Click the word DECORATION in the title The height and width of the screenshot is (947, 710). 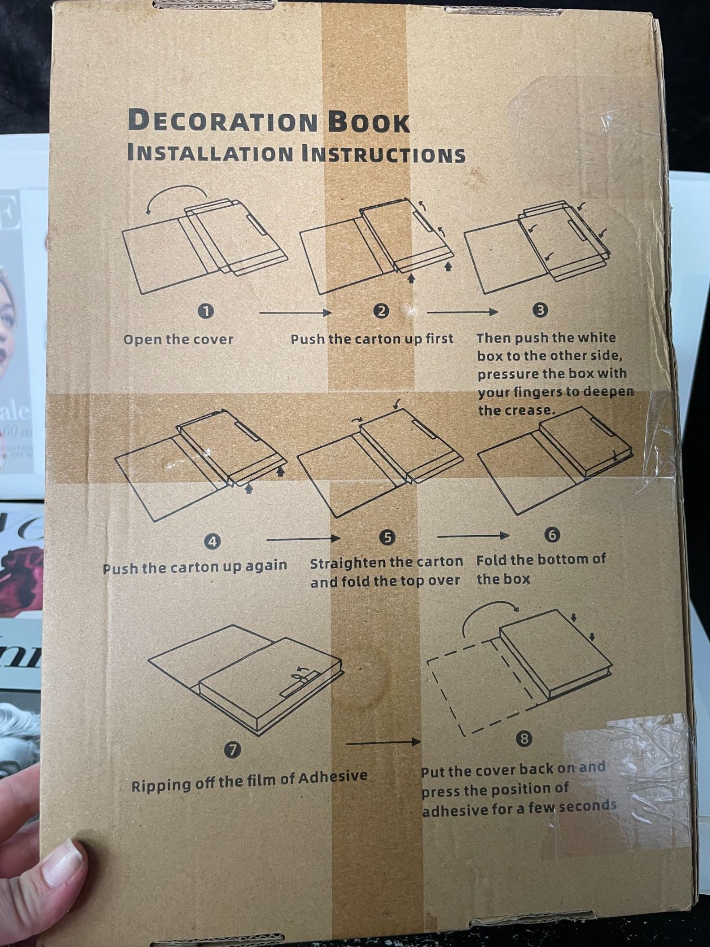(223, 121)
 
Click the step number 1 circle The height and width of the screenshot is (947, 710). (206, 311)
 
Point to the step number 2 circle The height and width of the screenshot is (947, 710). (381, 311)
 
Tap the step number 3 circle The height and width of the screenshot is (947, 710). (541, 310)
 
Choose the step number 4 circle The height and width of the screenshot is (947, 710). (212, 541)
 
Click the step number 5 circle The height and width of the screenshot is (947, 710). (387, 537)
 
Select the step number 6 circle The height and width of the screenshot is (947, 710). (552, 535)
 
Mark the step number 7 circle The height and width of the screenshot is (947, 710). (232, 749)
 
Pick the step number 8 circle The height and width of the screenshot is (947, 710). (524, 739)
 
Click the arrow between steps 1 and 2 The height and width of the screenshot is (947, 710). (295, 313)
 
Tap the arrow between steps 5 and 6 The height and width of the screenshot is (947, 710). (473, 536)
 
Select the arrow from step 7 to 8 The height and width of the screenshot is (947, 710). (383, 742)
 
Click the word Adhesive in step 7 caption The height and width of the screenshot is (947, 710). (333, 778)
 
